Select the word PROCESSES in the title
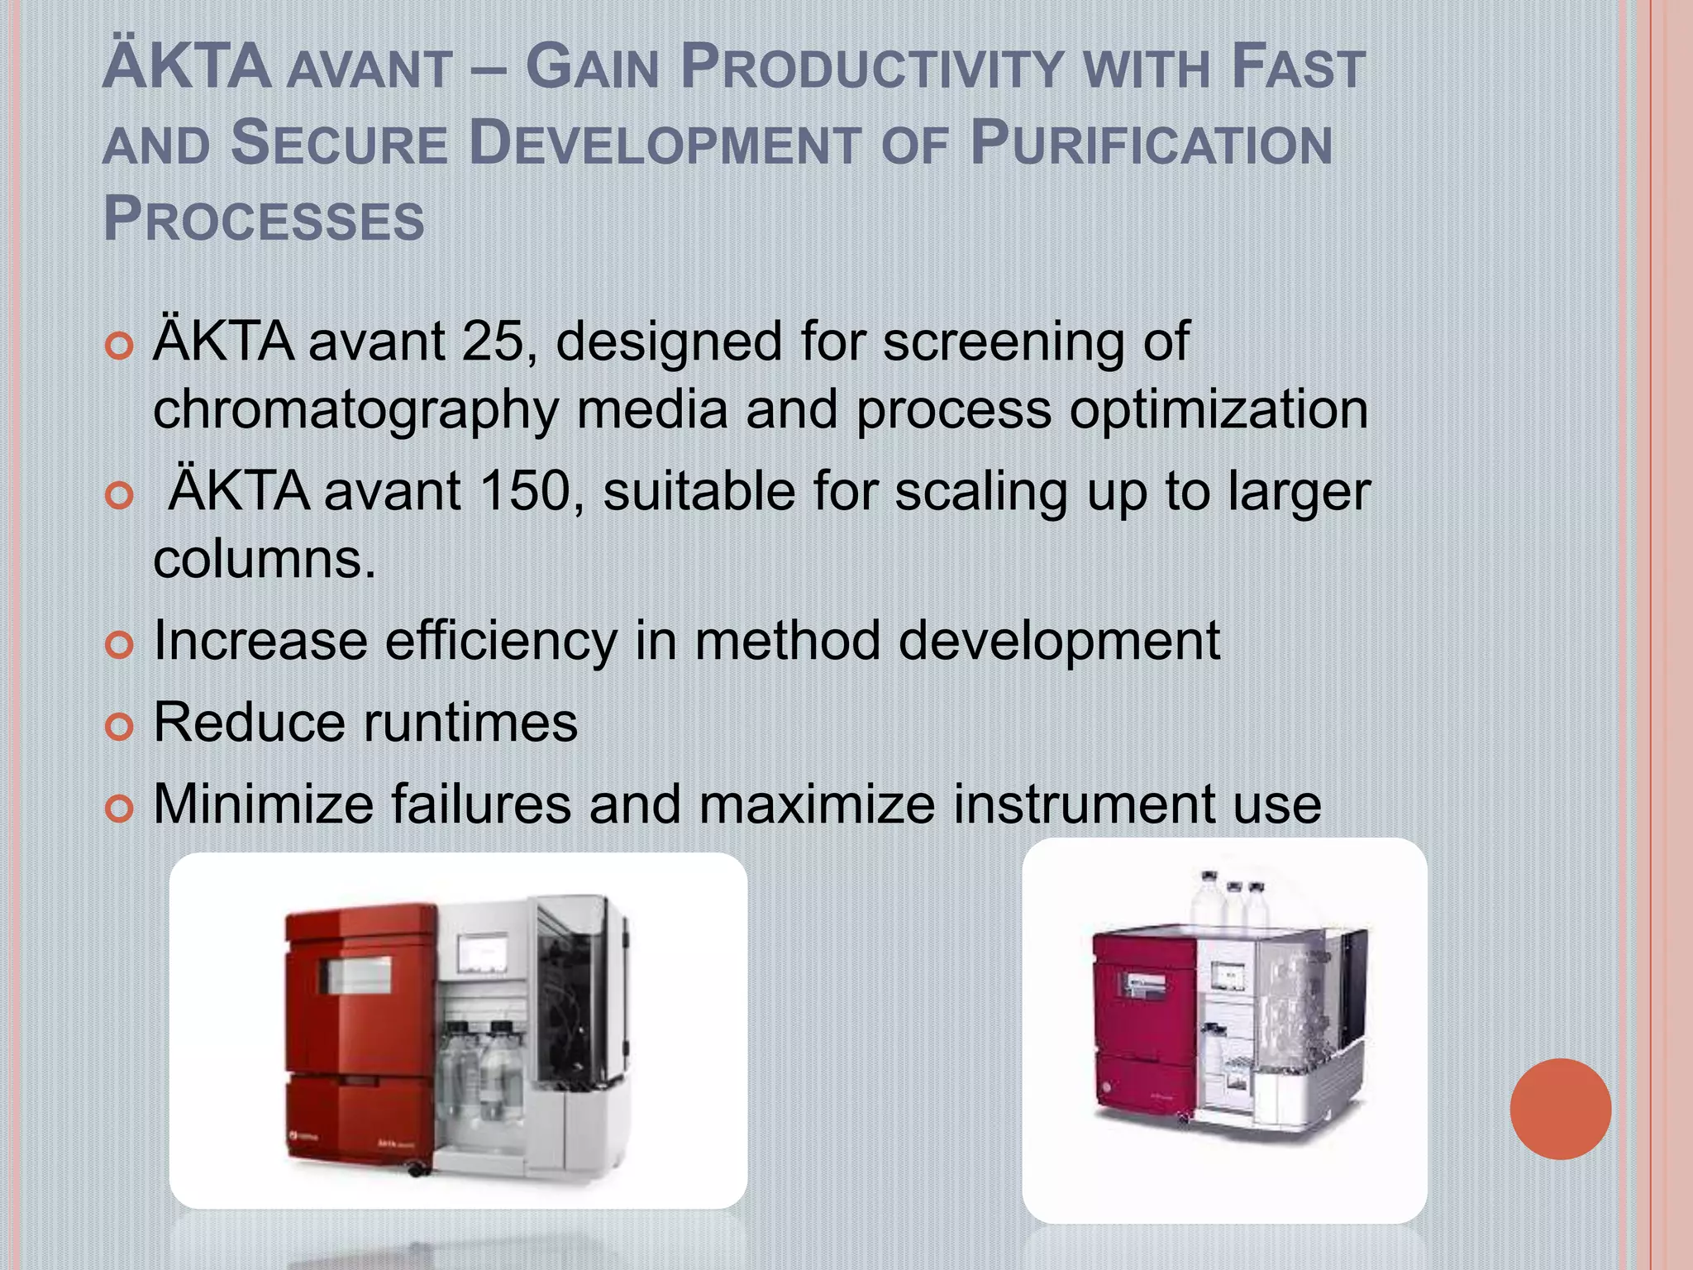coord(264,220)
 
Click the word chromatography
coord(356,410)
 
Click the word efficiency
coord(501,641)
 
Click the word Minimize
coord(264,804)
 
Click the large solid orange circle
coord(1560,1109)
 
